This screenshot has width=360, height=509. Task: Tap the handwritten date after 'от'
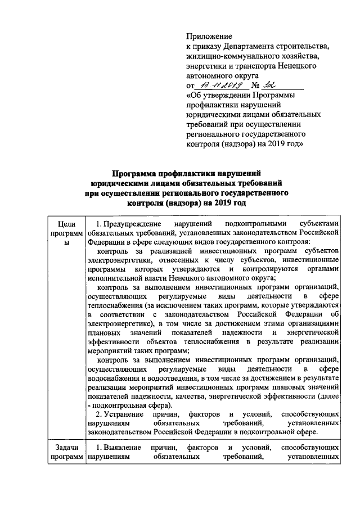pos(218,85)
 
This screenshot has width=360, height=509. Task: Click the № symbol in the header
pos(256,85)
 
